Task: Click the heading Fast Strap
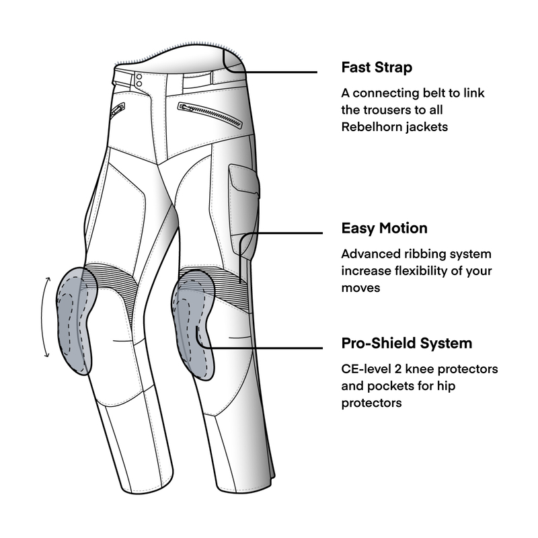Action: (x=377, y=67)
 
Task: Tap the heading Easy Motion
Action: (x=384, y=228)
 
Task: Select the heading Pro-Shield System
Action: (x=407, y=343)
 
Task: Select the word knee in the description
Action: (x=419, y=369)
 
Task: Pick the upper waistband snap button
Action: (x=139, y=77)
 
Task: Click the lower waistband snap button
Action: (x=139, y=83)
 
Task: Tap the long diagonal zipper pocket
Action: (x=210, y=115)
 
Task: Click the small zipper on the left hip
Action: (x=118, y=110)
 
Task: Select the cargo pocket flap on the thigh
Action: (x=244, y=179)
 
